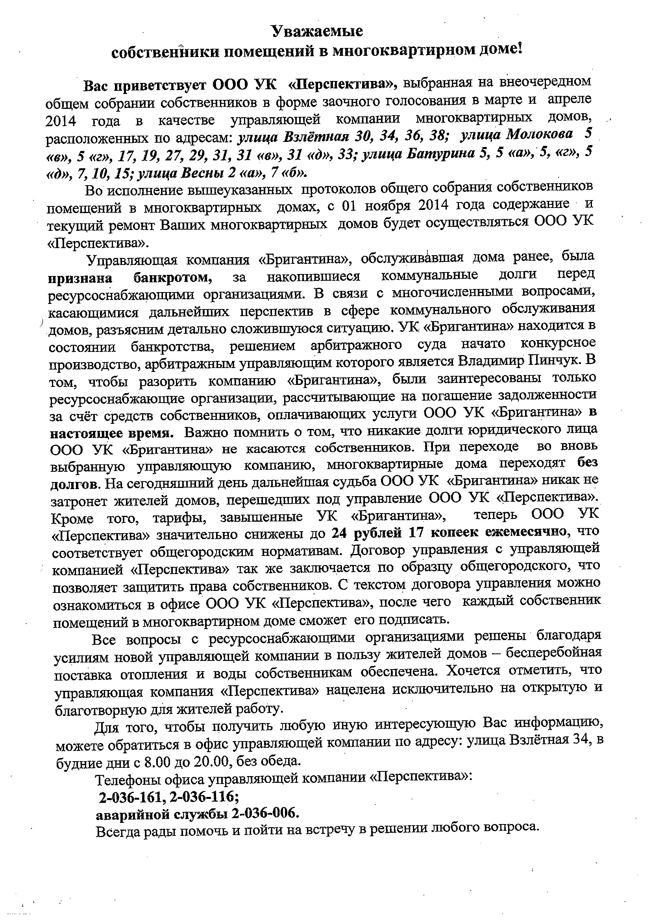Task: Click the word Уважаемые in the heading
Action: (317, 31)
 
